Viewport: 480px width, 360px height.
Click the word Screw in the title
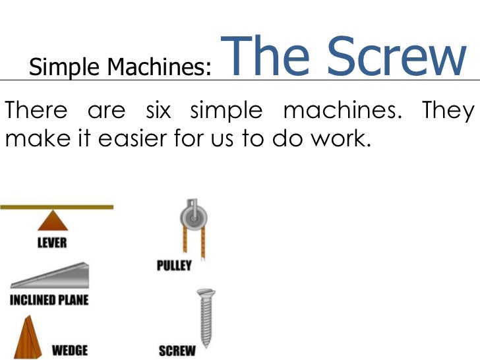pos(396,58)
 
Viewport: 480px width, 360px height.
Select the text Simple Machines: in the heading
pos(121,67)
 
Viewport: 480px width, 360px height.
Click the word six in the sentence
pos(158,111)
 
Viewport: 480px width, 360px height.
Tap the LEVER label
pos(51,243)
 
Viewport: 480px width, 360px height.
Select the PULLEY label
pos(174,265)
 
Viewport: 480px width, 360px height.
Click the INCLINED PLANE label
pos(49,300)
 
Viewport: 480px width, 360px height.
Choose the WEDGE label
pos(69,349)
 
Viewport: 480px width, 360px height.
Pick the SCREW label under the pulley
pos(176,350)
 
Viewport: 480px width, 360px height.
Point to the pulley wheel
pos(193,218)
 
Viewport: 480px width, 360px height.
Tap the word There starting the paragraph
pos(36,111)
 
